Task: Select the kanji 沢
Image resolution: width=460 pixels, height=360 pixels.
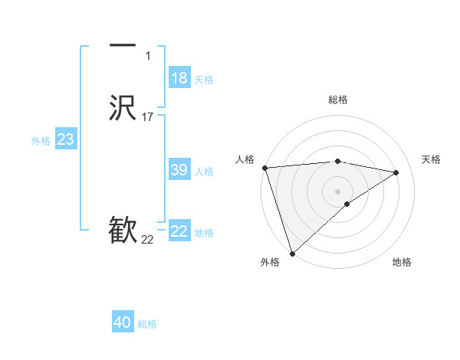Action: tap(123, 108)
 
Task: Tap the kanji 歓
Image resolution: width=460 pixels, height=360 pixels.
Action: tap(123, 231)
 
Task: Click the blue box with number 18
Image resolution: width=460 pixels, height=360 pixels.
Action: tap(179, 78)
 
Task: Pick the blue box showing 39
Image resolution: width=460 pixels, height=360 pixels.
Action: tap(179, 170)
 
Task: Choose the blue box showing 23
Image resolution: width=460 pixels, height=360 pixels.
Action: tap(65, 139)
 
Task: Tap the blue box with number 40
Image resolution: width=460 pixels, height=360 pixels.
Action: tap(123, 322)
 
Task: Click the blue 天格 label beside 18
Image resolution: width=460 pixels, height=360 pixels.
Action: tap(204, 80)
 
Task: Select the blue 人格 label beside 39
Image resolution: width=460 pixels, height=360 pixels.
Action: tap(204, 172)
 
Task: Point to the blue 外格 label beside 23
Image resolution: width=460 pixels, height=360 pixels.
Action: tap(41, 141)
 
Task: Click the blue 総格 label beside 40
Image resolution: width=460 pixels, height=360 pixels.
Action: tap(147, 324)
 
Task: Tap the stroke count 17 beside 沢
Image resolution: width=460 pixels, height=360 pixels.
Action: tap(147, 117)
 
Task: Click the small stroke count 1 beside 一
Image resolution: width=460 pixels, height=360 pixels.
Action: tap(148, 56)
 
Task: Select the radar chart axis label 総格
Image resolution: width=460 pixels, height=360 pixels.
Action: tap(338, 100)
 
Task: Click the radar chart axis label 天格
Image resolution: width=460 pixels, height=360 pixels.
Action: tap(431, 159)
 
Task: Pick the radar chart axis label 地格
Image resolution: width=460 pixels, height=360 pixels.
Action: tap(402, 262)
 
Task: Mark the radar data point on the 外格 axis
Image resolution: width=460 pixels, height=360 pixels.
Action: tap(292, 253)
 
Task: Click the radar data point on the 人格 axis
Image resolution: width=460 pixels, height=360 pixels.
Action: tap(264, 168)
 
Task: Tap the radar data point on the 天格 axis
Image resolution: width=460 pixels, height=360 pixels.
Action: tap(396, 172)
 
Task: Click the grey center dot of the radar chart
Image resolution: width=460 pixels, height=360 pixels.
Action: tap(338, 191)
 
